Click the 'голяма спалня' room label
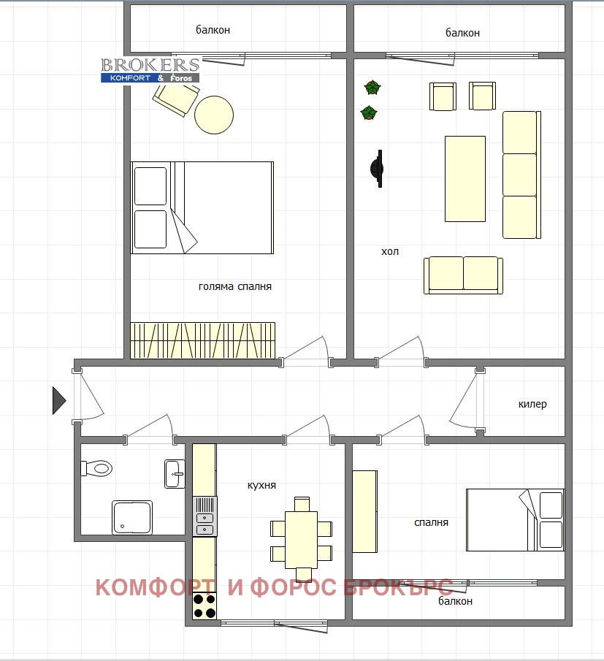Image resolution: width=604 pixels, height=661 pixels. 234,286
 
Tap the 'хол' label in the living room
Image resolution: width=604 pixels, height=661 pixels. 390,252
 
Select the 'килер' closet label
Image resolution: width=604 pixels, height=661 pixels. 532,404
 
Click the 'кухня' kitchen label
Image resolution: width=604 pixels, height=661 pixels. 261,485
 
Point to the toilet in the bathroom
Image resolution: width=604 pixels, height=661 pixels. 96,468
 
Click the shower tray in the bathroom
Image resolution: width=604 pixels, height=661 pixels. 132,517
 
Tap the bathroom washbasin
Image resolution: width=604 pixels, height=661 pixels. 175,473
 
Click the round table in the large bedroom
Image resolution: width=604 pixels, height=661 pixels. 214,115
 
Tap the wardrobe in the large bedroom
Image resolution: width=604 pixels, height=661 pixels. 202,340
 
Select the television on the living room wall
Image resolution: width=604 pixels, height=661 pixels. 377,169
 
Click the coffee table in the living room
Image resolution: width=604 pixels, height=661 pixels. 465,178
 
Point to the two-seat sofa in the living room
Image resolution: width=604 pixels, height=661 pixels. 463,275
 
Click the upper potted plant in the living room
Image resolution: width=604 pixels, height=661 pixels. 372,88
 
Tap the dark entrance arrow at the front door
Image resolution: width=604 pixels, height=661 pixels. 59,400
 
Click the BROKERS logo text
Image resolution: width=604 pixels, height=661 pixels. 150,65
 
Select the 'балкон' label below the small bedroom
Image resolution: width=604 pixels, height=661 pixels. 455,601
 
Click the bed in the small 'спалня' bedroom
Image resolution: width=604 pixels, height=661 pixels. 515,520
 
